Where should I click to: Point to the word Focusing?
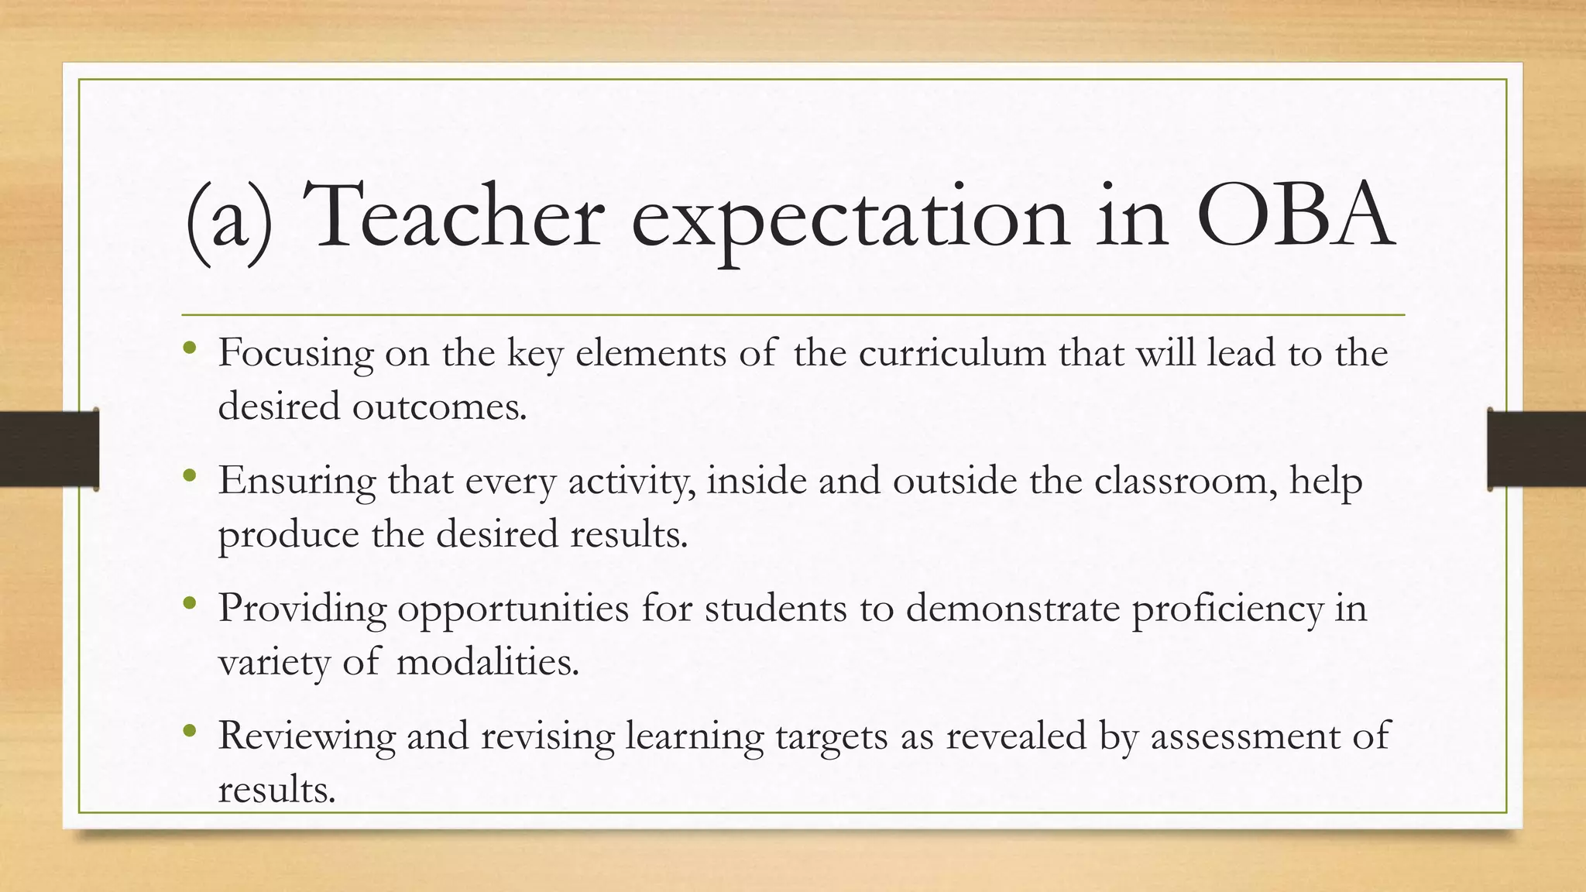point(296,355)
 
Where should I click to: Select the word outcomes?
point(439,406)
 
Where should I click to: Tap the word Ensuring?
point(297,482)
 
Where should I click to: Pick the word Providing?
point(302,609)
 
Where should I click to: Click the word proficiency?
point(1227,609)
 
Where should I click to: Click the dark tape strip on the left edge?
point(49,449)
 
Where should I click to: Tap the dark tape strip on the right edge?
point(1536,449)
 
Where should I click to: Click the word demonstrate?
point(1013,609)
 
